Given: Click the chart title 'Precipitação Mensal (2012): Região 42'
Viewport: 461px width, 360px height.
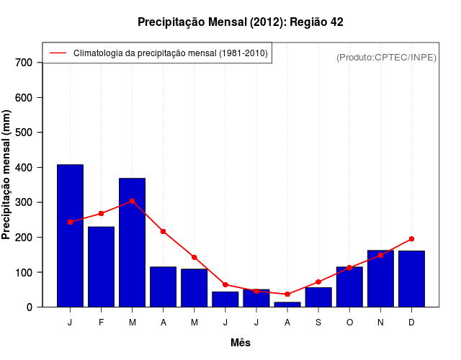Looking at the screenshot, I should (240, 22).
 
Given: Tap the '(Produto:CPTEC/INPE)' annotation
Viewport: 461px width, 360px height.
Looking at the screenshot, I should (386, 57).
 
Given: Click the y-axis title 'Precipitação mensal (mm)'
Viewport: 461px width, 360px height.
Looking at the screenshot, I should (7, 174).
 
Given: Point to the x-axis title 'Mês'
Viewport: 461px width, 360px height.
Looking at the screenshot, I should (241, 343).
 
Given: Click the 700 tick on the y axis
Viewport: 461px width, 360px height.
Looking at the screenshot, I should (24, 63).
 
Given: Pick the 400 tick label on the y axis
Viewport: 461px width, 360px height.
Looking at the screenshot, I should (24, 168).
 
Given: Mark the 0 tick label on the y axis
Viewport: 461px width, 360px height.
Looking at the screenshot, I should (30, 307).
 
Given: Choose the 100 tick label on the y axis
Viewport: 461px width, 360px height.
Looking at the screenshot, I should (24, 273).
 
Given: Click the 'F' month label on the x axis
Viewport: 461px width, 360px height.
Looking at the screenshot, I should (101, 323).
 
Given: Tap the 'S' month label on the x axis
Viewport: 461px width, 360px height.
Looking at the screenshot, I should (318, 323).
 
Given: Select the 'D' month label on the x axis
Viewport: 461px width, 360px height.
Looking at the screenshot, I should (411, 323).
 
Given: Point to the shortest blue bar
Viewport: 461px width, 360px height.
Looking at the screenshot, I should (287, 305).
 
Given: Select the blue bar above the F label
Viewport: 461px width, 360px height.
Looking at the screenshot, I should (101, 266).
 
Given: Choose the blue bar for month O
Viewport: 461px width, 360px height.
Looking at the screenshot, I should (349, 287).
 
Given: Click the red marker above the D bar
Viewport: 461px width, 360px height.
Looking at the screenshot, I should (411, 238).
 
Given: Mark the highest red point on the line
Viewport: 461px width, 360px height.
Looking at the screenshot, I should (132, 202).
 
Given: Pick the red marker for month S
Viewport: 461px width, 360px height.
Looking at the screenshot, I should (318, 282).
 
